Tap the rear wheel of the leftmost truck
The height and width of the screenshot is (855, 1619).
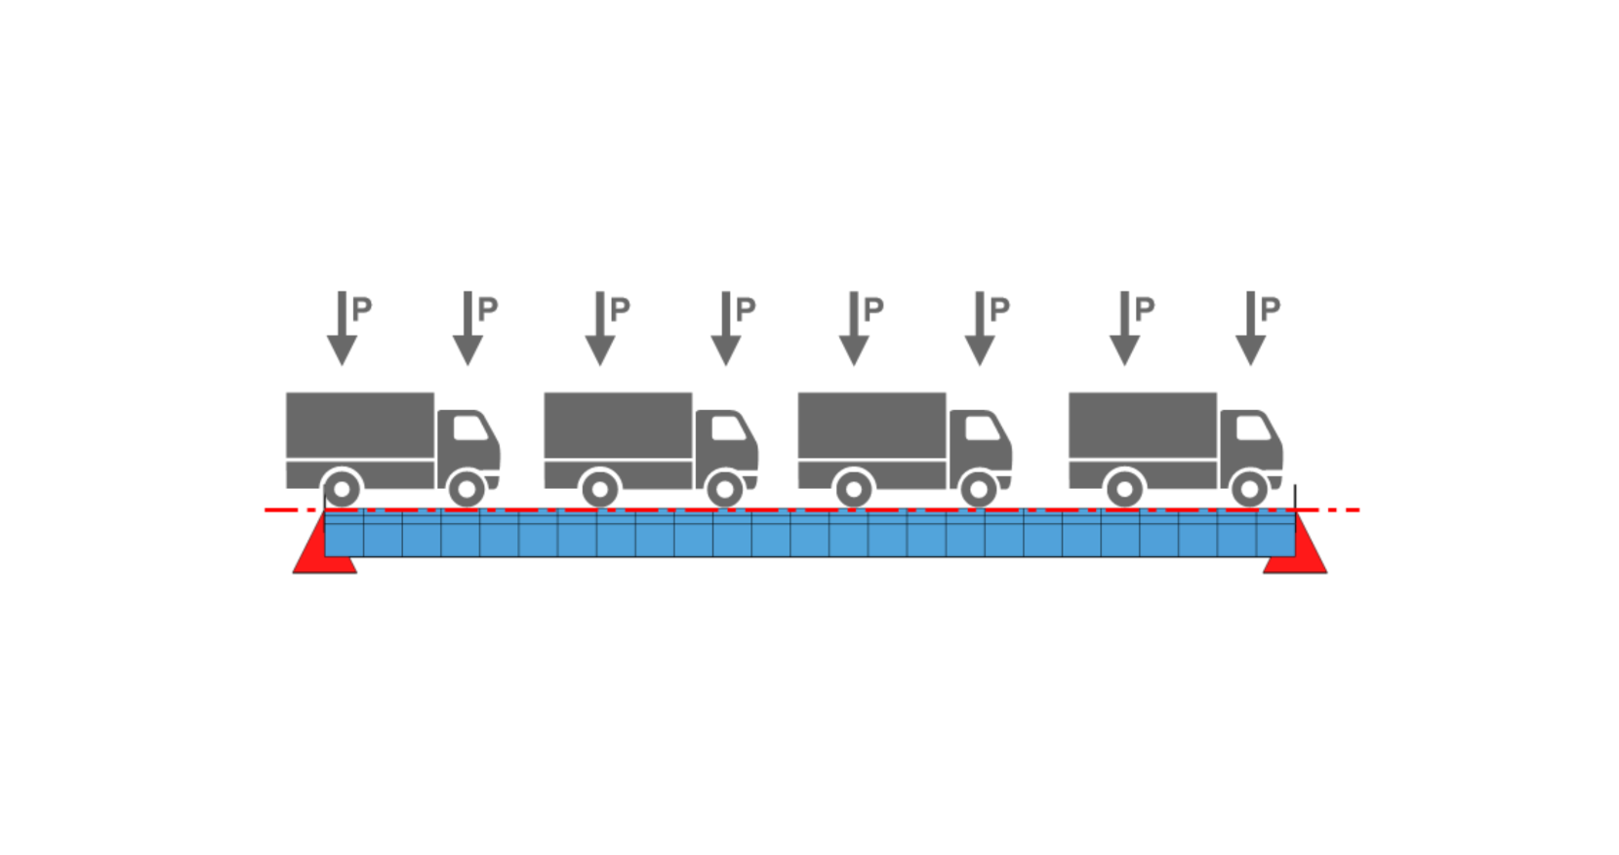[x=342, y=488]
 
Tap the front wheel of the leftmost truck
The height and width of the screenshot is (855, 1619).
[x=466, y=488]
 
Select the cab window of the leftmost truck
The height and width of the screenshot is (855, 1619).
[x=469, y=427]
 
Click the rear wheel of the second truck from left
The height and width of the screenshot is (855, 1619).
[x=599, y=488]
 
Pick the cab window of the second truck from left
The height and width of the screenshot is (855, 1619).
[x=728, y=427]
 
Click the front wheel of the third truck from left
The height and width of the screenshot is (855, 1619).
[x=979, y=488]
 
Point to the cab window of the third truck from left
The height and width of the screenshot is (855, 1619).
[x=982, y=427]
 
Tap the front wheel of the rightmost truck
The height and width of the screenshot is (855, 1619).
[x=1249, y=488]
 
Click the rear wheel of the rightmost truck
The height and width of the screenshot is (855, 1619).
[x=1124, y=488]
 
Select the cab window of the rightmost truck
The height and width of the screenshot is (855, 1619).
[x=1253, y=427]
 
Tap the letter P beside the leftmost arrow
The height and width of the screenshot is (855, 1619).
[x=362, y=309]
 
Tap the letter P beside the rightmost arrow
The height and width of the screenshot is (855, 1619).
[x=1270, y=309]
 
